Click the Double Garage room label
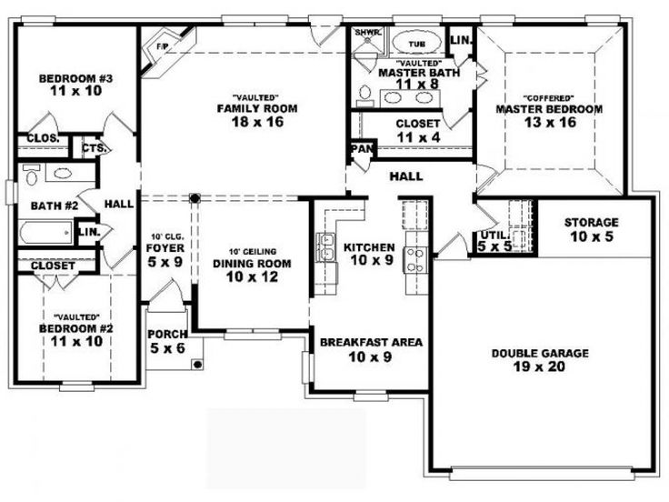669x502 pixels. tap(540, 353)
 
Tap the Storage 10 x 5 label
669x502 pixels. tap(591, 222)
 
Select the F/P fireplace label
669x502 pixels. tap(165, 45)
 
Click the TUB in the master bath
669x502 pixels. tap(416, 43)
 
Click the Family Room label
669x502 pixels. tap(257, 109)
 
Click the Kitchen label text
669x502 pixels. tap(368, 246)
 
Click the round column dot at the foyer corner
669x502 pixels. tap(193, 196)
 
